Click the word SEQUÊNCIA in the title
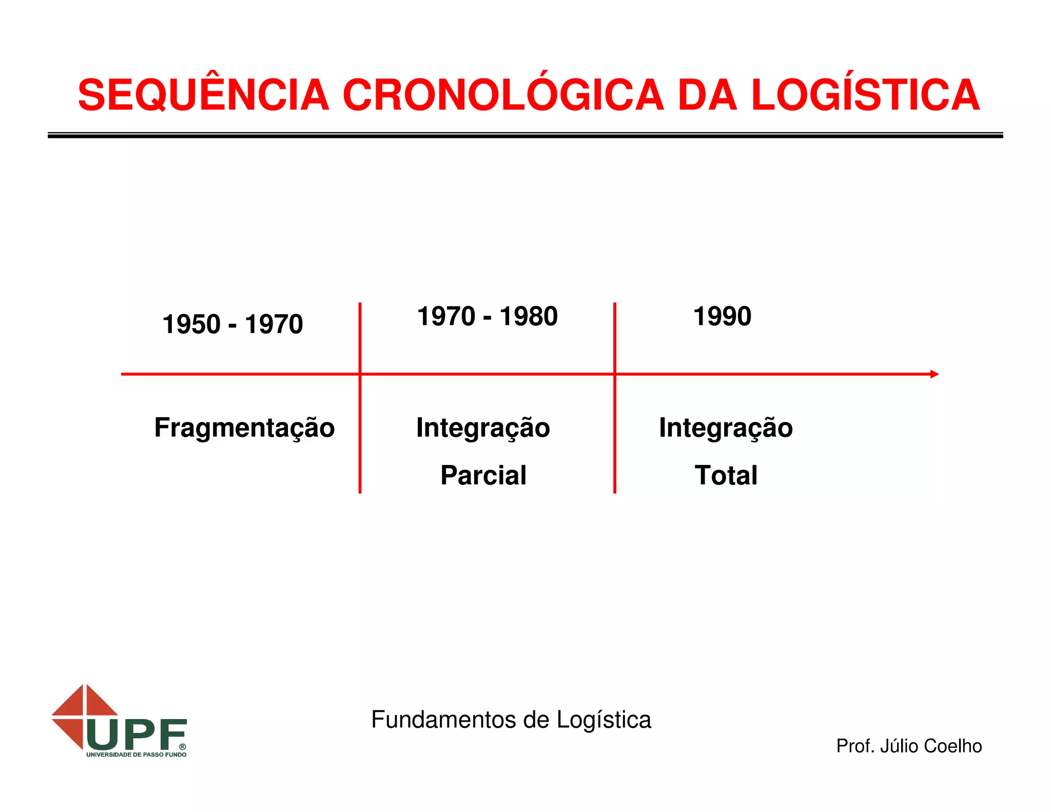click(203, 95)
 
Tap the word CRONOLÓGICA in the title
click(503, 95)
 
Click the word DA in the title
click(708, 96)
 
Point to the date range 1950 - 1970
click(232, 324)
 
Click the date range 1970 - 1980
click(487, 316)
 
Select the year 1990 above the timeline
click(722, 316)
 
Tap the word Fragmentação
click(244, 428)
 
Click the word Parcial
click(483, 475)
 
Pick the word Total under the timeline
click(726, 475)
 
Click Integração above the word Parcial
click(483, 428)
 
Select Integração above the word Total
click(726, 428)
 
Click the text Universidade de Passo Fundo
click(136, 755)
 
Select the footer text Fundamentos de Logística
click(511, 720)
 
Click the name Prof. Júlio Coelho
click(909, 746)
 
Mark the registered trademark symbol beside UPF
click(182, 747)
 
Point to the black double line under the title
click(525, 135)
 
